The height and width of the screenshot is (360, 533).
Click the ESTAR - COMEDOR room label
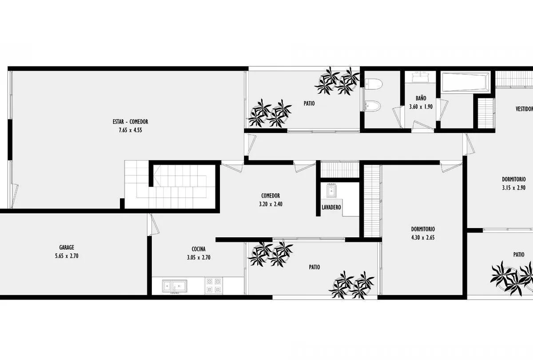[131, 122]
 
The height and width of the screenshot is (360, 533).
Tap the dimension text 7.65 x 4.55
[131, 130]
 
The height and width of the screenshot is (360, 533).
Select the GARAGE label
[67, 248]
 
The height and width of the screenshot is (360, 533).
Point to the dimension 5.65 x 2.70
[67, 256]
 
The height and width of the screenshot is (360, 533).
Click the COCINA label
[199, 249]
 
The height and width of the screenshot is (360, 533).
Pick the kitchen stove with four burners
[214, 286]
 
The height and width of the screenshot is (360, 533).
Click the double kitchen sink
[175, 286]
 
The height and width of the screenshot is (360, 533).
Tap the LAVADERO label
[331, 207]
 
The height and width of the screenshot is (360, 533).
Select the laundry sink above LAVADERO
[331, 191]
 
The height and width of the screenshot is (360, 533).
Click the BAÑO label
[421, 98]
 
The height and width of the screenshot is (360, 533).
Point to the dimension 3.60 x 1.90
[421, 107]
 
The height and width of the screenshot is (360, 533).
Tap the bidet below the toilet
[372, 106]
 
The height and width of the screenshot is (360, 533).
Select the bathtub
[465, 82]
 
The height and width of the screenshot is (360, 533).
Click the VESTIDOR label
[524, 109]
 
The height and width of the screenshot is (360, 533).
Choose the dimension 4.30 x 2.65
[423, 237]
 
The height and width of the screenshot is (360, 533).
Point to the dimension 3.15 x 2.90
[514, 188]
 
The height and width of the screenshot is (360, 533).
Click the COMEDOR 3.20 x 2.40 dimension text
[270, 204]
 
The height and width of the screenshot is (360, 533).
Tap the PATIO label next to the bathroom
[309, 103]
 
